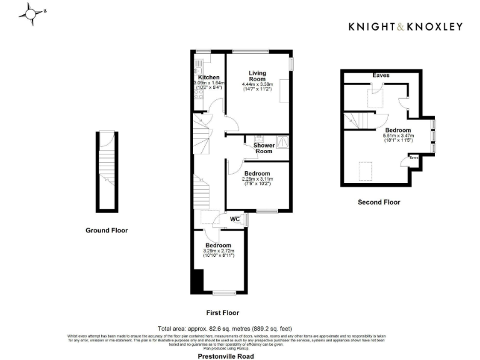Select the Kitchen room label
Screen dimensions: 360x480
(x=209, y=77)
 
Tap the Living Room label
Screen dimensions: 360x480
(x=257, y=76)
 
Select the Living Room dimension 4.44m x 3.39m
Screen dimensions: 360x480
(x=257, y=85)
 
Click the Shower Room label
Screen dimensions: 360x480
(x=264, y=148)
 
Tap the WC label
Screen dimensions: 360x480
(x=235, y=219)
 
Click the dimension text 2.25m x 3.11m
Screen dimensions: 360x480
(x=257, y=179)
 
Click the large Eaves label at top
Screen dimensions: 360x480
(x=381, y=75)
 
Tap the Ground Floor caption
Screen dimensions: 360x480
(x=106, y=230)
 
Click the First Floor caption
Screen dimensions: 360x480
(x=222, y=312)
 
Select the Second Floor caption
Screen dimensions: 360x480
(x=379, y=202)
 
